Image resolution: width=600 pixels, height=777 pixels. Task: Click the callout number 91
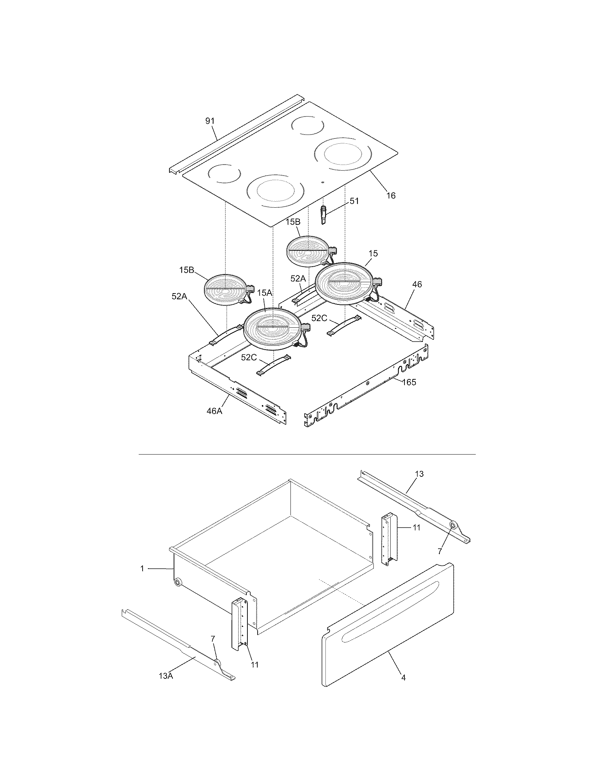(210, 121)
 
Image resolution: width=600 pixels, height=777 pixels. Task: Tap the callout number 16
(391, 195)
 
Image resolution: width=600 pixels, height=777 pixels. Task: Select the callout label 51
(354, 201)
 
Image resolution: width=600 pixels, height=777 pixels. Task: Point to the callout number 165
(409, 382)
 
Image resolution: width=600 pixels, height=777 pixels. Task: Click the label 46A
(215, 411)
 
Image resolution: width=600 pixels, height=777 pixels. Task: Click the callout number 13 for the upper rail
(419, 474)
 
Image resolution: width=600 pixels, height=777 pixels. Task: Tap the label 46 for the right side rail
(417, 284)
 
